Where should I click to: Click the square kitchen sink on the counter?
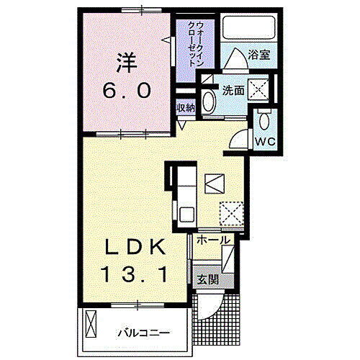(x=186, y=213)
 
